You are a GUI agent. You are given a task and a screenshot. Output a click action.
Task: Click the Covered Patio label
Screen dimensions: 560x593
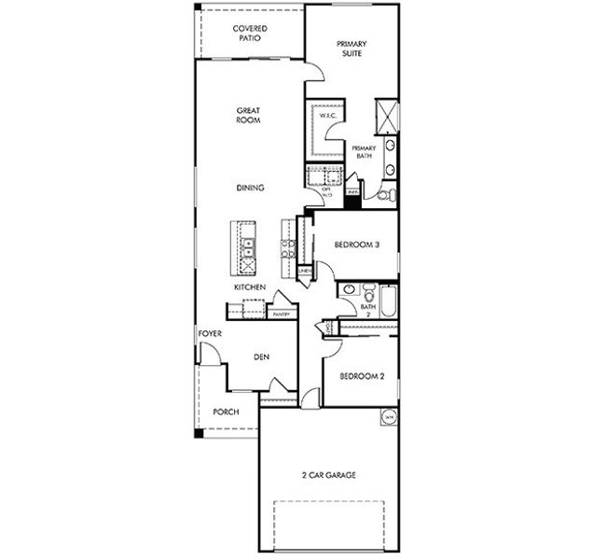point(249,35)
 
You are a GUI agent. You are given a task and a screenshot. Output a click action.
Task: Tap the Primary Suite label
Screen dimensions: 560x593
point(352,49)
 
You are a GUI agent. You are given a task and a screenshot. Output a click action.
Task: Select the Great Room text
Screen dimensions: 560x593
point(248,115)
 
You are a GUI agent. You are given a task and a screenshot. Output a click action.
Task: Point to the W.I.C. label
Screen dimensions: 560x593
point(328,116)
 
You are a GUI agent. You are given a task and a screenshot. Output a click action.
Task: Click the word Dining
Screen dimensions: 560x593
point(250,188)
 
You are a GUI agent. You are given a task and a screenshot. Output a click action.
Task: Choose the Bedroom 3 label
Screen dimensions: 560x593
point(354,246)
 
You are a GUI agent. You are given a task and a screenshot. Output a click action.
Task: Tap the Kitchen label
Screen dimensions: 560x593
point(250,287)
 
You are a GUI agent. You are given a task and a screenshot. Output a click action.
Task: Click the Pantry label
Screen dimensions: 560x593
point(281,315)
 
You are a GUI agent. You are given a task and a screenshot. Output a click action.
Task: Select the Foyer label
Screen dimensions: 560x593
point(209,333)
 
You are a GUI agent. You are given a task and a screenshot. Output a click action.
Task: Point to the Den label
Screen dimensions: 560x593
point(262,357)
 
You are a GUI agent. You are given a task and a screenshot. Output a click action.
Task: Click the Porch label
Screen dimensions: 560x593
point(226,412)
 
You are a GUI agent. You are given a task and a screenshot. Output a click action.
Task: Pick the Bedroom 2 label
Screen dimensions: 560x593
point(362,376)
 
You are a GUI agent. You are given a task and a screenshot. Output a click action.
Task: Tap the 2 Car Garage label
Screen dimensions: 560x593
point(328,475)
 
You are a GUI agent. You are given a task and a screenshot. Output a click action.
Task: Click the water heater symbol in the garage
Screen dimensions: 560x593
point(388,417)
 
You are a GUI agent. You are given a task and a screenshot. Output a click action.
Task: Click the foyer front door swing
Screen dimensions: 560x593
point(211,354)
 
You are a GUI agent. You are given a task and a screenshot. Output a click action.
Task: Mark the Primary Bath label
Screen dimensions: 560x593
point(363,152)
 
